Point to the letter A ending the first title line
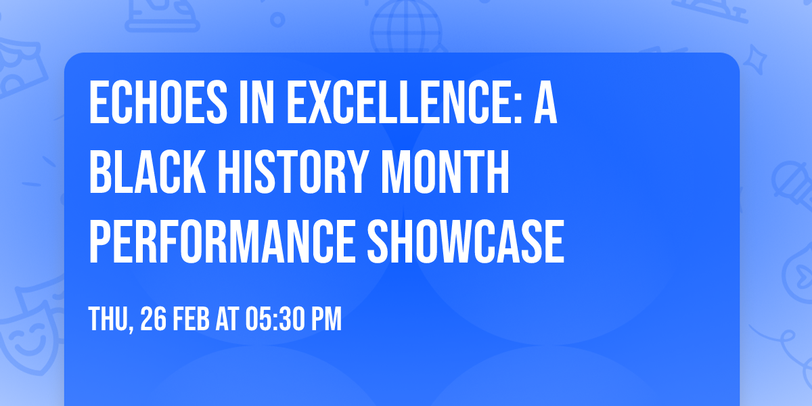click(545, 104)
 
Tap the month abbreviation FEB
click(195, 319)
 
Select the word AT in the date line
click(233, 319)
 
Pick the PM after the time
click(327, 319)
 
